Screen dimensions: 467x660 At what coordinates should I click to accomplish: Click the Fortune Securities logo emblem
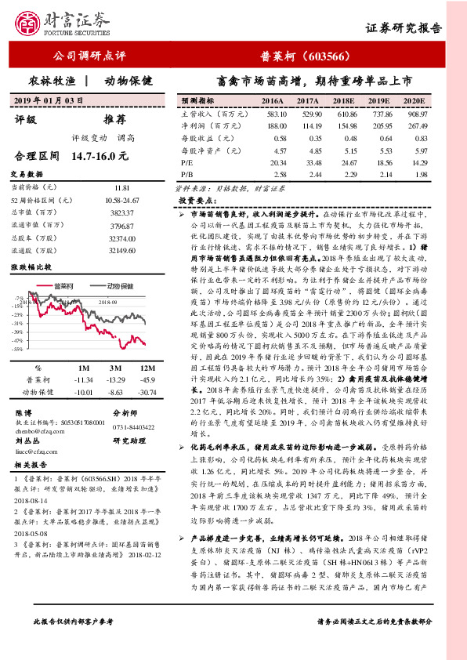click(x=31, y=24)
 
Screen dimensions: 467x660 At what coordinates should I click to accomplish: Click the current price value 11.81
click(x=121, y=188)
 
